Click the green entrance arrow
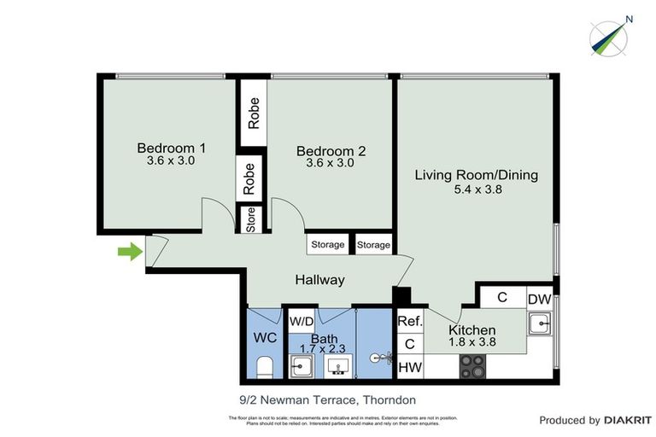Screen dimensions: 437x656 point(130,252)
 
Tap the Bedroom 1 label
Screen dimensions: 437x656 point(172,148)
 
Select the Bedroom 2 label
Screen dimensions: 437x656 point(331,151)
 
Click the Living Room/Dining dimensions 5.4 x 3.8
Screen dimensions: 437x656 point(476,190)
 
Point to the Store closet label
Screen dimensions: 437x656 point(251,220)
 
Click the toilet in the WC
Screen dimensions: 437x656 point(265,368)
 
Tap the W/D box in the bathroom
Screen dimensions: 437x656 point(301,322)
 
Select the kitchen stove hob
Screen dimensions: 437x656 point(473,366)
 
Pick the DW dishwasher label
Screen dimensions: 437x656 point(539,299)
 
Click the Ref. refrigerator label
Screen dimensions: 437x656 point(410,322)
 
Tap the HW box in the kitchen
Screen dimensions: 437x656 point(410,367)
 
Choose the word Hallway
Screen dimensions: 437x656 point(319,280)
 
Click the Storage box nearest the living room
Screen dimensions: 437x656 point(373,245)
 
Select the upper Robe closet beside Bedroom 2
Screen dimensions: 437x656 point(254,113)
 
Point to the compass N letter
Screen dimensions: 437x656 point(630,19)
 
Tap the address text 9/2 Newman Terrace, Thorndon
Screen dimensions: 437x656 point(327,399)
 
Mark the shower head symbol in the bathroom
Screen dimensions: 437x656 point(377,359)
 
